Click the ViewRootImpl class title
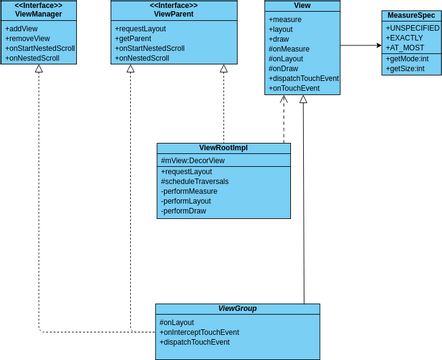(x=223, y=148)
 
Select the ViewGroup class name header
(x=237, y=309)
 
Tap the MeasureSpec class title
(x=411, y=16)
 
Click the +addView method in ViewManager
(x=24, y=29)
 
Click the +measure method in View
(x=286, y=20)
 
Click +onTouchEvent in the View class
(x=294, y=88)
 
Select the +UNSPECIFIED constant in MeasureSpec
(x=412, y=28)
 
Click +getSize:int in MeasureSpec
(x=407, y=69)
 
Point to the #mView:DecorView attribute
(x=192, y=161)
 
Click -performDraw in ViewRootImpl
(x=186, y=211)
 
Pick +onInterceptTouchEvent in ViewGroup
(x=199, y=332)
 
